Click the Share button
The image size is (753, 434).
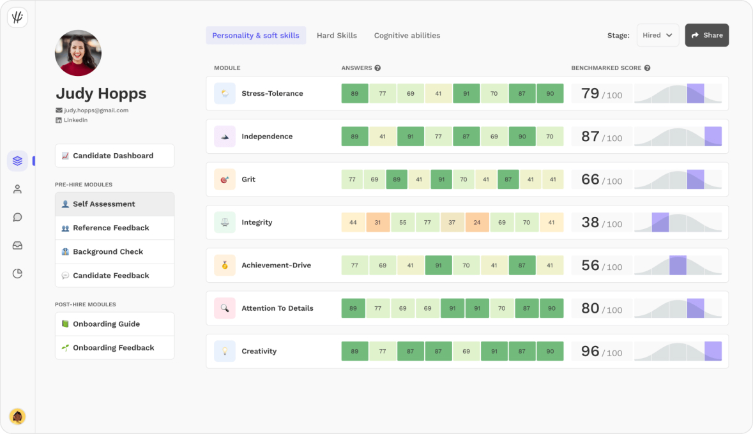click(x=706, y=35)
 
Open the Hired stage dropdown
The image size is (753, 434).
click(x=657, y=35)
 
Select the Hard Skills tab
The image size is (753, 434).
click(x=337, y=36)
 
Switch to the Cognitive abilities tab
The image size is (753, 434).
click(x=407, y=36)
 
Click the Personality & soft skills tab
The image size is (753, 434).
click(x=255, y=36)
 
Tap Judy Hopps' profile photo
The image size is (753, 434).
click(x=78, y=53)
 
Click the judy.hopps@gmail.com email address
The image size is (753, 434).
click(x=96, y=110)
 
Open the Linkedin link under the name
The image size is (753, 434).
click(x=75, y=120)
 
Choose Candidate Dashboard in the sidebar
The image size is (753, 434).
click(x=114, y=156)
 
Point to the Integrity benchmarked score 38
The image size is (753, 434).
click(x=590, y=222)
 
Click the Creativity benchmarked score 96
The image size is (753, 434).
click(x=590, y=351)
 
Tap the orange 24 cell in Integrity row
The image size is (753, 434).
click(x=476, y=222)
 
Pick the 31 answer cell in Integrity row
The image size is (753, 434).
click(x=377, y=222)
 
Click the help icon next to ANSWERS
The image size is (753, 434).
click(x=377, y=68)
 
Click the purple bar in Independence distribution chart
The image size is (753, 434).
click(x=713, y=136)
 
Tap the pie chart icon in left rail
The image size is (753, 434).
click(x=17, y=274)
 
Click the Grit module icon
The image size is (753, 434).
click(x=224, y=179)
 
